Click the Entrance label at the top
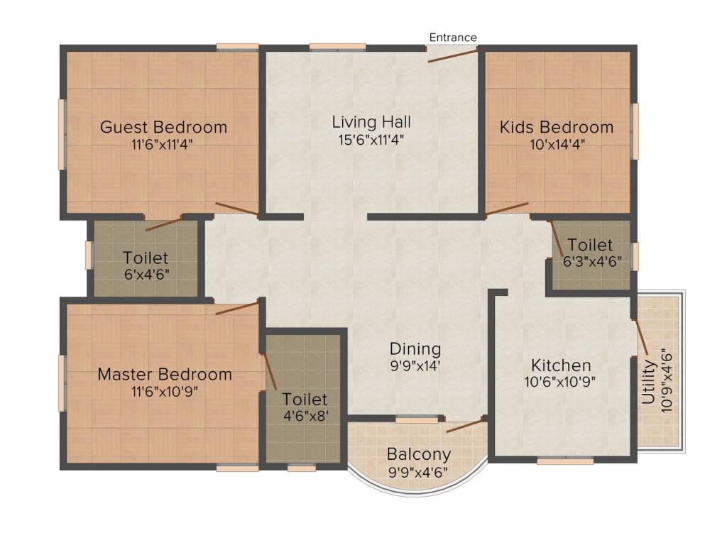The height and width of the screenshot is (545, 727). click(452, 37)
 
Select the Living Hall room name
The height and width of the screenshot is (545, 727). click(371, 122)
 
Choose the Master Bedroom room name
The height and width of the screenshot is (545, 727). click(165, 374)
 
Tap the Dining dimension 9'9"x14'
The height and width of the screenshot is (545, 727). click(415, 366)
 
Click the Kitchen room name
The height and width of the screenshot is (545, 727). click(561, 365)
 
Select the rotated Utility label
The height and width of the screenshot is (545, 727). click(649, 382)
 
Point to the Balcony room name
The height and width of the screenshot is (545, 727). click(419, 455)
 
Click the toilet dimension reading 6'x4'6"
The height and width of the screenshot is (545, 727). click(146, 275)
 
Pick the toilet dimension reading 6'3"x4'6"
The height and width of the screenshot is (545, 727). click(592, 262)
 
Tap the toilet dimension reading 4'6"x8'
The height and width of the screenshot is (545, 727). click(306, 416)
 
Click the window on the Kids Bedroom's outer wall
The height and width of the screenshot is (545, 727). click(634, 131)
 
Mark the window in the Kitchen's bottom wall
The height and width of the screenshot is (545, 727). click(565, 461)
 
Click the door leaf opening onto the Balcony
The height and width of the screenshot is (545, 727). click(465, 426)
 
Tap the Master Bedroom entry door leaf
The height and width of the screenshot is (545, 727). click(237, 308)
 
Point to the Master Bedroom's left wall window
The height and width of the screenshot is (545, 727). click(62, 382)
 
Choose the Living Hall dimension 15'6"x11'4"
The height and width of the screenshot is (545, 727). click(371, 140)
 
